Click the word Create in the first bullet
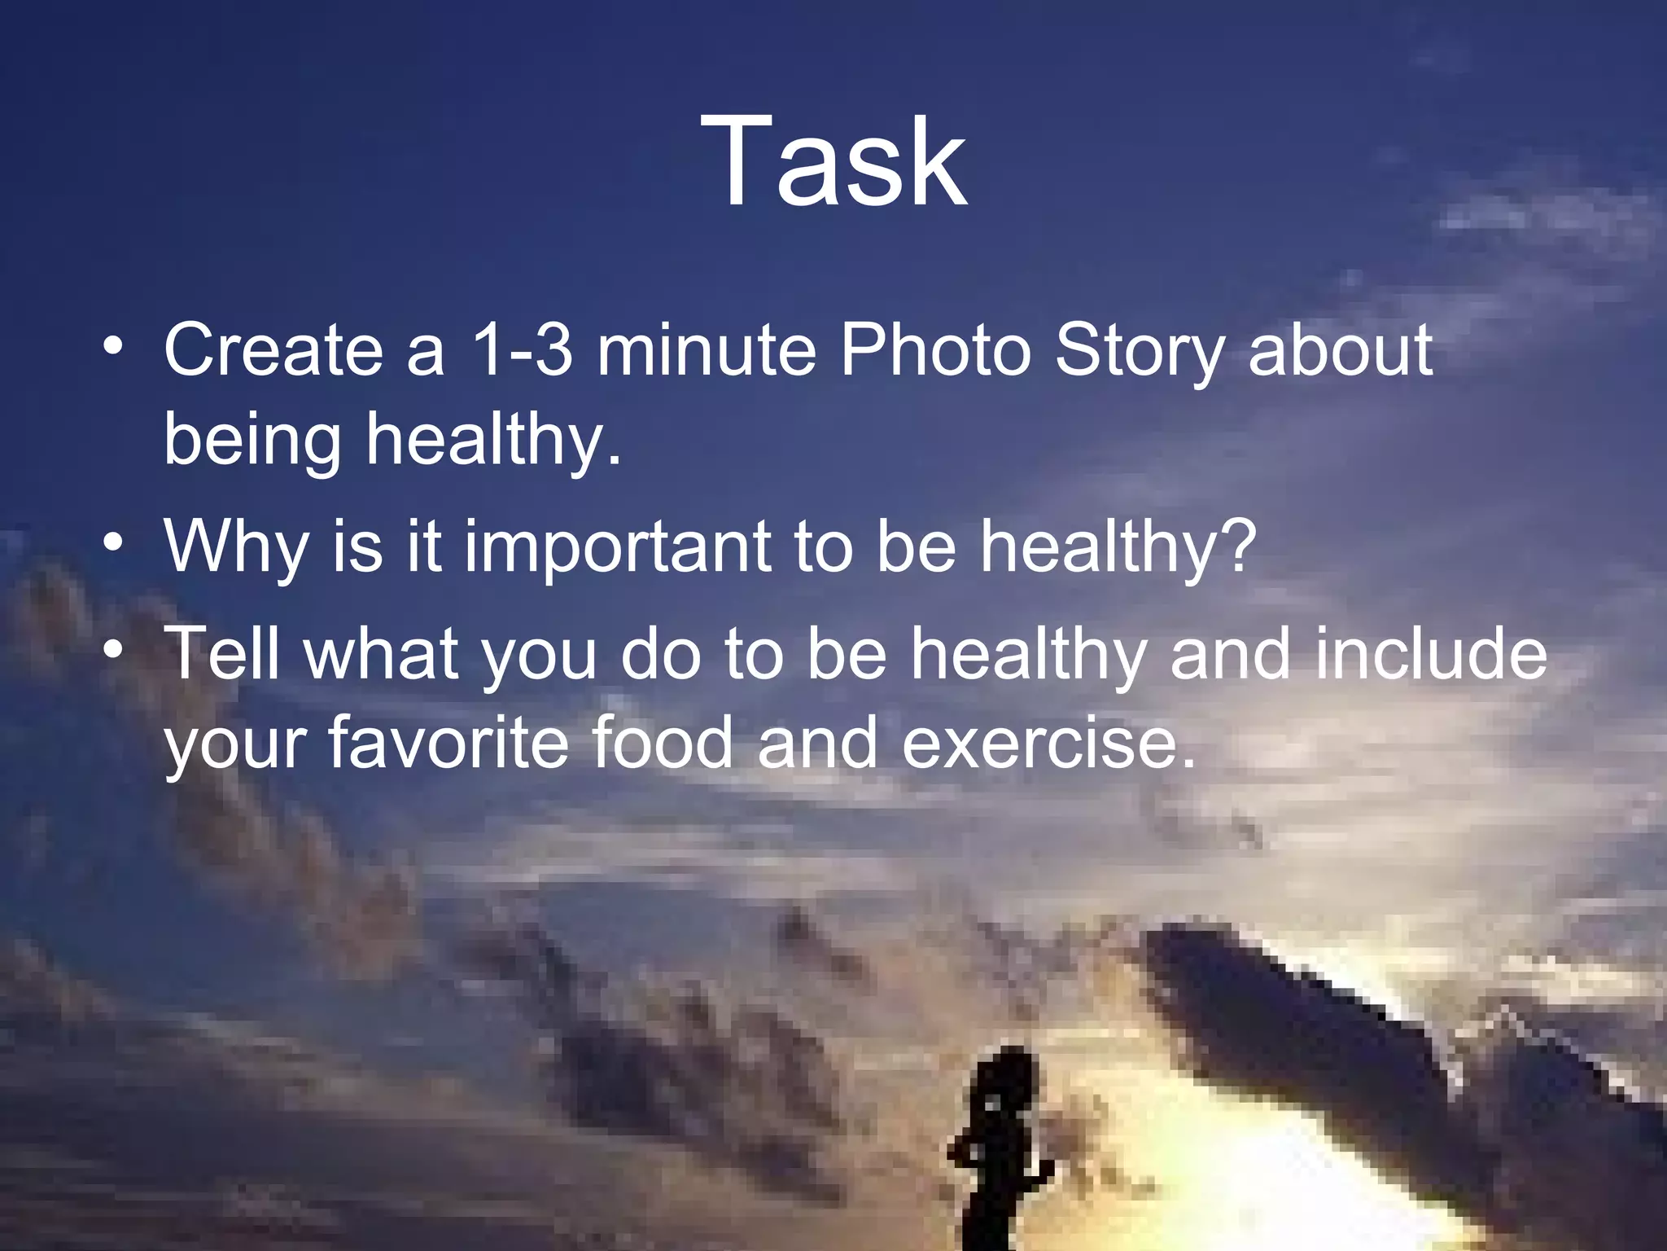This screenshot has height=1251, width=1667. pyautogui.click(x=273, y=350)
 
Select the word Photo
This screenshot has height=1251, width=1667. pyautogui.click(x=934, y=350)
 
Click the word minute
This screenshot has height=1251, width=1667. pyautogui.click(x=706, y=350)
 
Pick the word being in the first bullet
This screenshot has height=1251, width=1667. pyautogui.click(x=252, y=441)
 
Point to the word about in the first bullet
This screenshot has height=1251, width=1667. pyautogui.click(x=1340, y=350)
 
